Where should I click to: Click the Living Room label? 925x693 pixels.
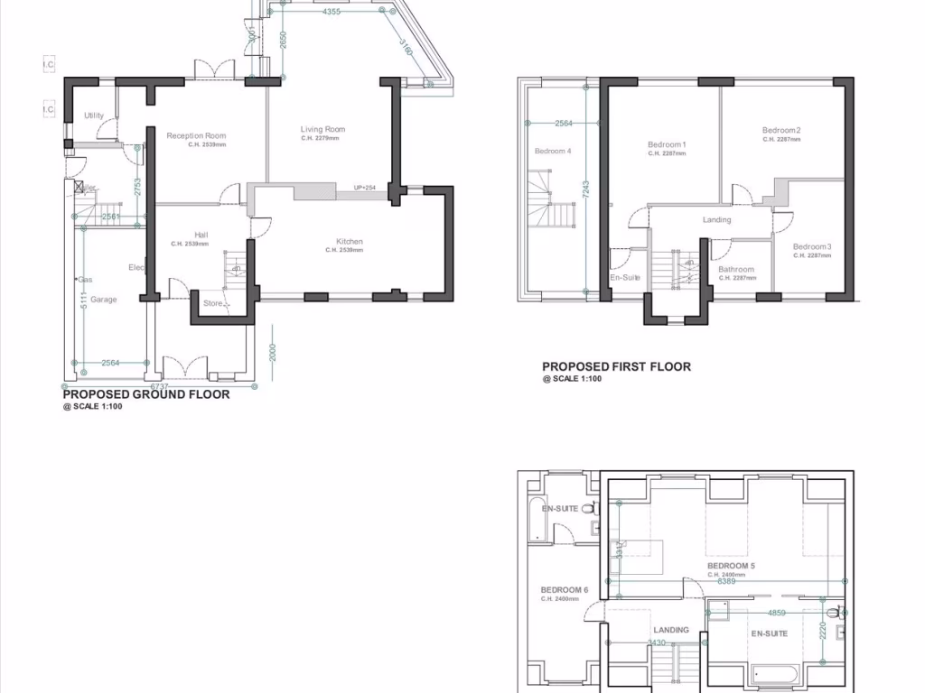coord(322,130)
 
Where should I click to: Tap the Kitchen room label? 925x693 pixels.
coord(350,242)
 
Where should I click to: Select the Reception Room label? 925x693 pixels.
coord(196,136)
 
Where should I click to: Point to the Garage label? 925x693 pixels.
coord(103,300)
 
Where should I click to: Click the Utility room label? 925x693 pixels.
coord(94,115)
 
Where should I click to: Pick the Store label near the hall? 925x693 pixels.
coord(212,303)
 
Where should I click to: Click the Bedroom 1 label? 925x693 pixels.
coord(667,145)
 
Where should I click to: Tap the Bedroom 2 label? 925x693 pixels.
coord(781,131)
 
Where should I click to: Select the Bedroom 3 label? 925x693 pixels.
coord(812,247)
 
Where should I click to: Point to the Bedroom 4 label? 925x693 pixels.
coord(552,151)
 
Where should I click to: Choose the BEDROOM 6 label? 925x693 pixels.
coord(565,590)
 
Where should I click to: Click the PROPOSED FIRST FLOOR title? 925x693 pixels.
coord(616,366)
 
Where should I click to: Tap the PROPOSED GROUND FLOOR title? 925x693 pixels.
coord(145,394)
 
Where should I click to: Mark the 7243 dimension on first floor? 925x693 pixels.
coord(585,189)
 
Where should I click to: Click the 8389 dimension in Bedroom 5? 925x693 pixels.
coord(725,581)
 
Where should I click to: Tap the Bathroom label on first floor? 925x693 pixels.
coord(736,270)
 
